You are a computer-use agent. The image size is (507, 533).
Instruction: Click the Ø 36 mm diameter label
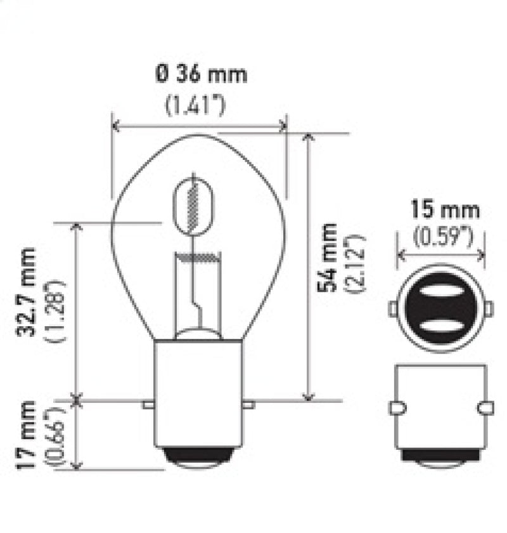200,75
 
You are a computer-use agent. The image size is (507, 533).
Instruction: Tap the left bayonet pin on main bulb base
148,404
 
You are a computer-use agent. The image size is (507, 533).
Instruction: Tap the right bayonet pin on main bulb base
248,404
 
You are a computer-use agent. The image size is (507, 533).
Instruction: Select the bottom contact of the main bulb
198,458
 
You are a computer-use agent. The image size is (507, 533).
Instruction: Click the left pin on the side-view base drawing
396,408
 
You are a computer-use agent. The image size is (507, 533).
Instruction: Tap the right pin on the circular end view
489,309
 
